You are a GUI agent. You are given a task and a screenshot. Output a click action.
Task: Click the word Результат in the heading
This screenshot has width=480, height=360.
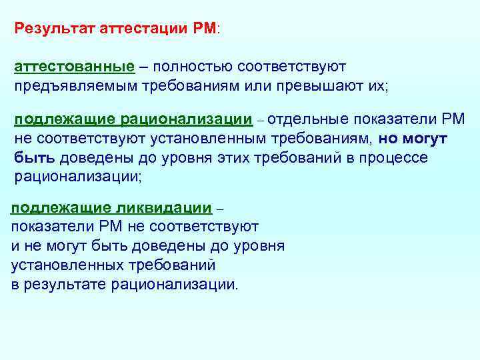pos(55,29)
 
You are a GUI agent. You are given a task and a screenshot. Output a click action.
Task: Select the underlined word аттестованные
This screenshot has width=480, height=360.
pos(75,67)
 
